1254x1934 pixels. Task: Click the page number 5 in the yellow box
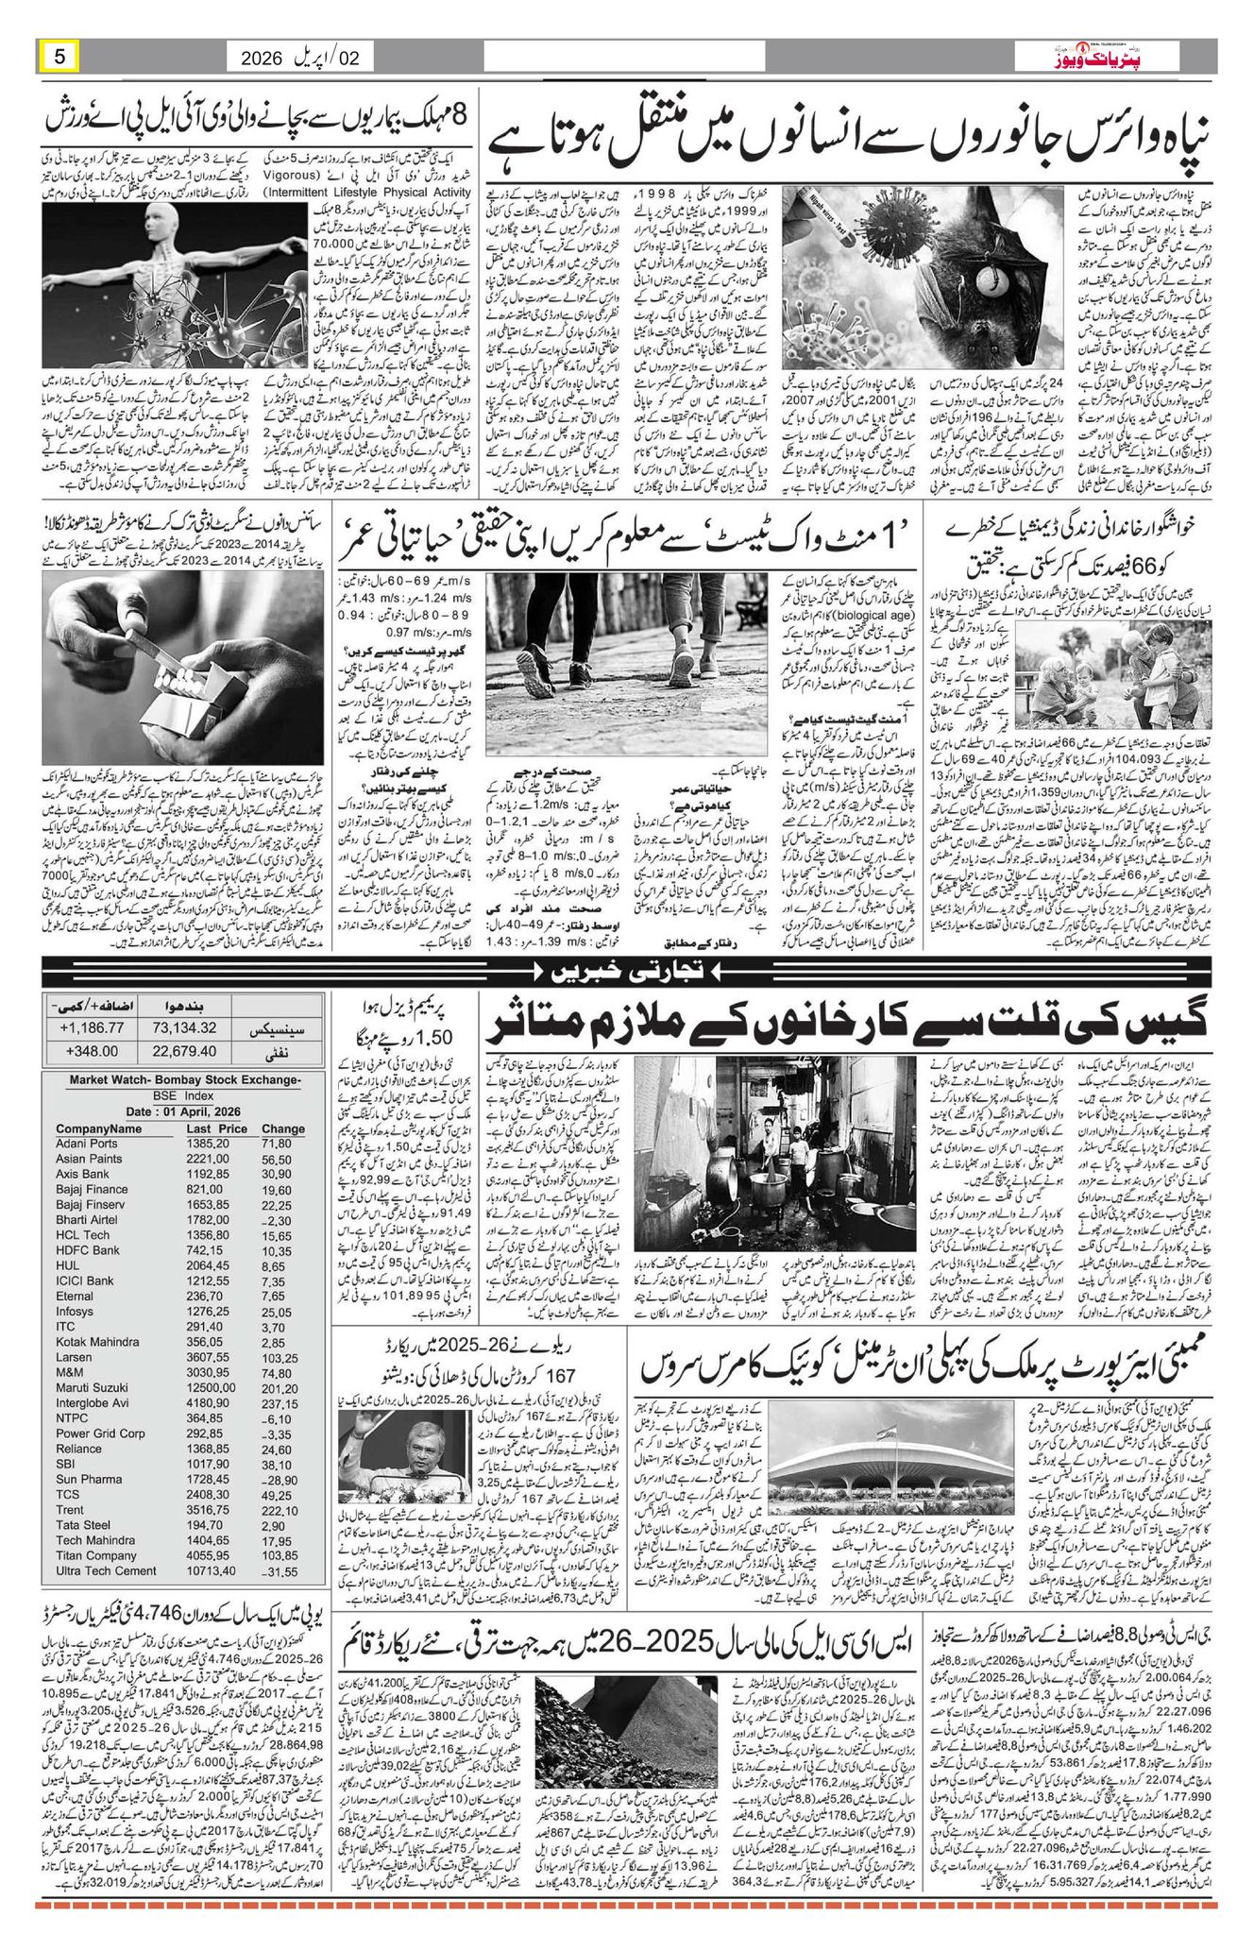59,56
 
